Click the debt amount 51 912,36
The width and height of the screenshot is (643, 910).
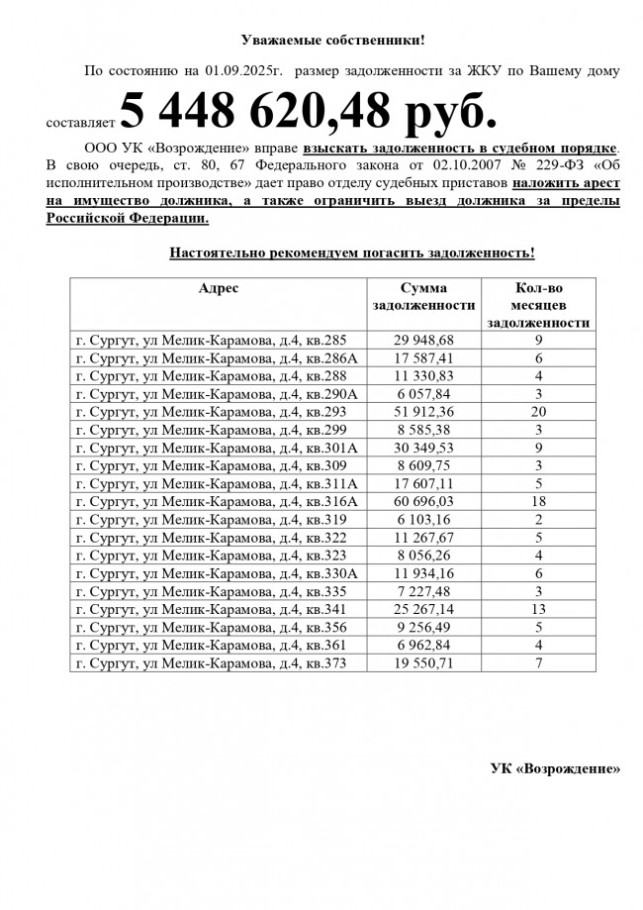coord(422,411)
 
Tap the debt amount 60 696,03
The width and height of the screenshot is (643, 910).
coord(422,502)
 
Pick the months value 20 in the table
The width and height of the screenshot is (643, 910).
coord(539,411)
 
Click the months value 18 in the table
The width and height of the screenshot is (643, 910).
coord(539,502)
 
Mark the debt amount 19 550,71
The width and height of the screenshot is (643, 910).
coord(422,663)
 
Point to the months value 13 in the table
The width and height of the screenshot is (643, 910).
coord(539,610)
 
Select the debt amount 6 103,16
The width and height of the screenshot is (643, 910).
coord(422,520)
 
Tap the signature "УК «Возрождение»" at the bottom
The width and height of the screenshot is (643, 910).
coord(556,768)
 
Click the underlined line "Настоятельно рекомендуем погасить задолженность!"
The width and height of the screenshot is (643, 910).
coord(352,253)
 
